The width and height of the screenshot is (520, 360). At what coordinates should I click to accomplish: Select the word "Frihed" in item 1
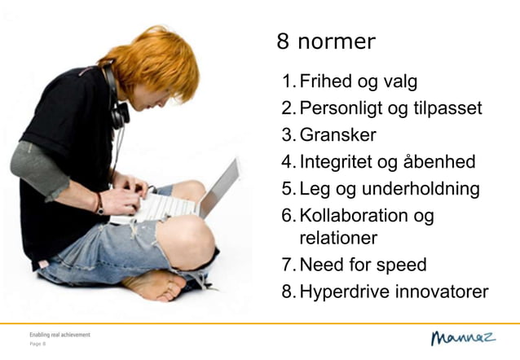point(324,81)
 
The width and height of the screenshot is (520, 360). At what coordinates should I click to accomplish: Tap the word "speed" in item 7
point(399,265)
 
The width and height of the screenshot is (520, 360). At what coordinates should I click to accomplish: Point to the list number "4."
point(288,162)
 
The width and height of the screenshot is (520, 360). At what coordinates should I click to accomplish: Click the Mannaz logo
point(462,337)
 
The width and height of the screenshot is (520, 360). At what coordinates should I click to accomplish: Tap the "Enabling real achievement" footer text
point(59,335)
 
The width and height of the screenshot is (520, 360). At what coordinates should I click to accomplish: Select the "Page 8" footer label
point(37,345)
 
